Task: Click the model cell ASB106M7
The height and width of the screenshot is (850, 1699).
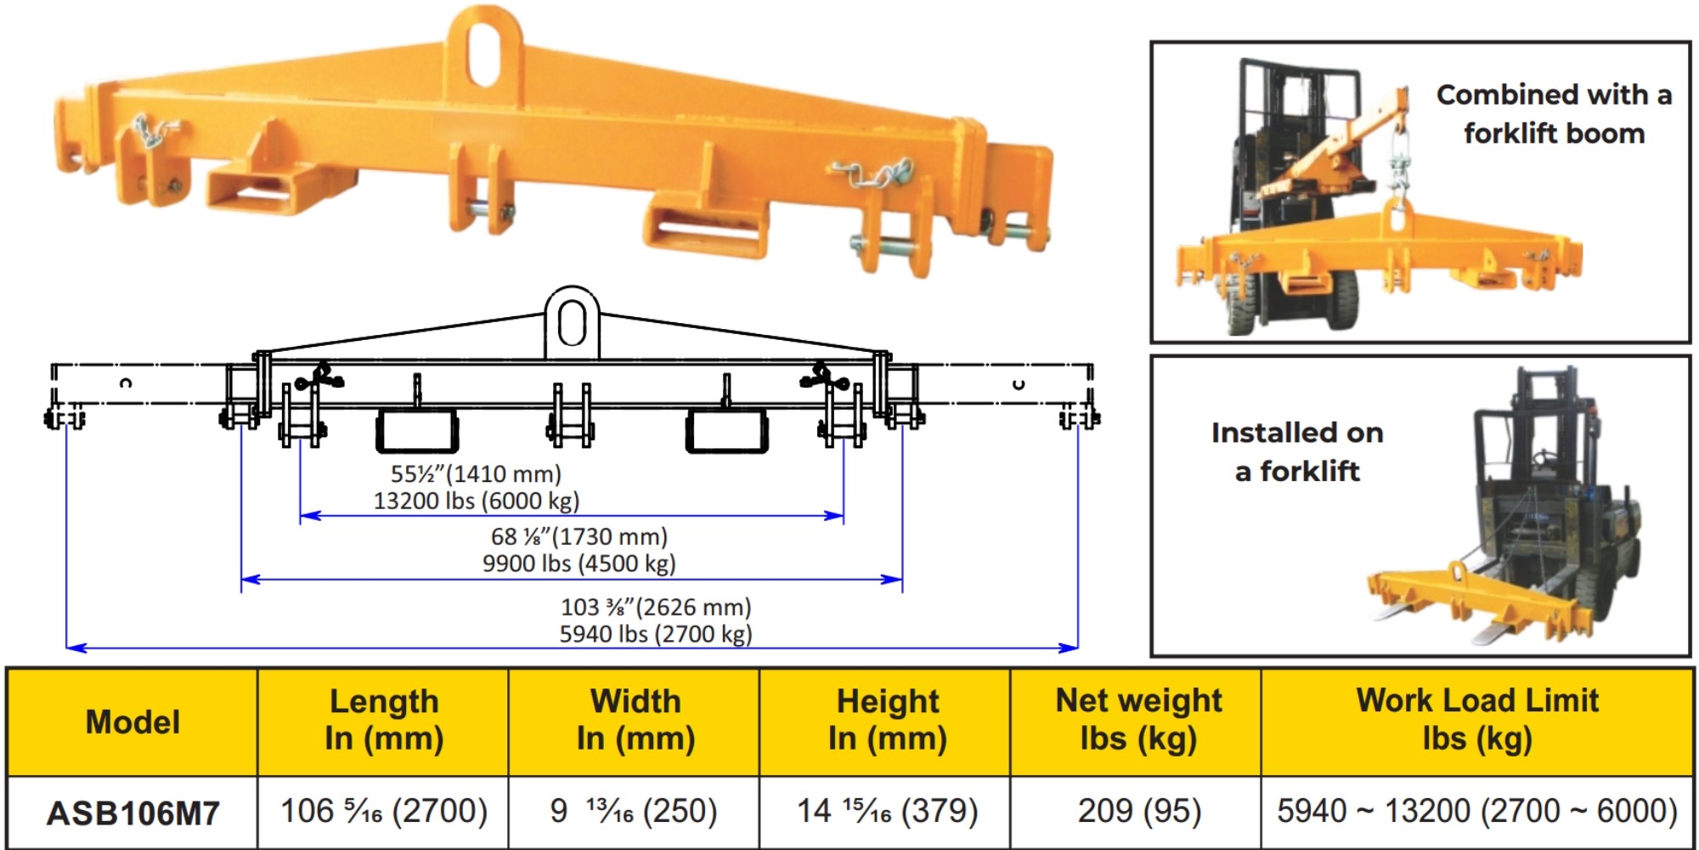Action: click(x=133, y=813)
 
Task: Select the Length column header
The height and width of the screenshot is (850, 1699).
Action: click(x=384, y=721)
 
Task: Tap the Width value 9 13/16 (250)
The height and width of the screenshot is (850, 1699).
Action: click(x=634, y=811)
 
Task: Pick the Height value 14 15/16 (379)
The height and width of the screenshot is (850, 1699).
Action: click(x=887, y=811)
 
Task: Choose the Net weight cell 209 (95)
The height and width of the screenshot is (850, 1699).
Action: click(x=1139, y=811)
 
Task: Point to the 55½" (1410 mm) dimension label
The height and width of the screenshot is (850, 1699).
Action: click(x=476, y=474)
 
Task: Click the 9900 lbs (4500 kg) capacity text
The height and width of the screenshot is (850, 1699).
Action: click(x=579, y=564)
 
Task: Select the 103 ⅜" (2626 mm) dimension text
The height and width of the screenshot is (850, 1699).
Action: click(x=656, y=607)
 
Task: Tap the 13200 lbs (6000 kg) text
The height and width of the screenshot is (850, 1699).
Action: click(x=477, y=501)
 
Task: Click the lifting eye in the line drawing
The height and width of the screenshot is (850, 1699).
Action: click(x=572, y=323)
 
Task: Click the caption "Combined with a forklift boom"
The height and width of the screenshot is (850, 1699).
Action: click(x=1554, y=114)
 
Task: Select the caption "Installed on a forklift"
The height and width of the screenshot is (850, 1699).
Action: click(x=1297, y=451)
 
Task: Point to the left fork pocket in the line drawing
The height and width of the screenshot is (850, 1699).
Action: click(x=417, y=431)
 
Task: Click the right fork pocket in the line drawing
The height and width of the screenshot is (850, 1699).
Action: click(x=726, y=431)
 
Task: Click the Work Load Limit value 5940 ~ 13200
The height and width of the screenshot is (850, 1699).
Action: click(x=1477, y=811)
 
